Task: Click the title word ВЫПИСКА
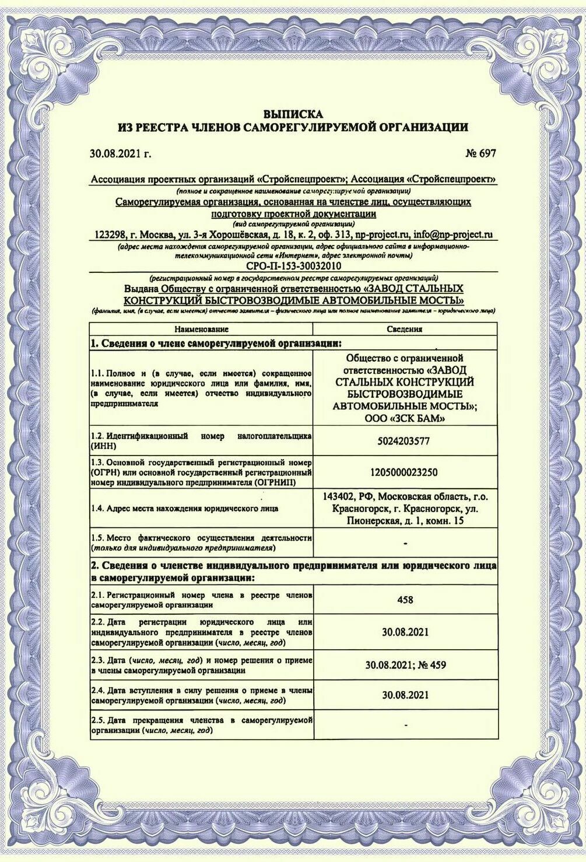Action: [293, 114]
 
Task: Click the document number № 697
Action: [480, 153]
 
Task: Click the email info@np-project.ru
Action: [454, 234]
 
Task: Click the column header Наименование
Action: [201, 329]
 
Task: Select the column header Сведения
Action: [404, 329]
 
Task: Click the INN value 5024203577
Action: [404, 441]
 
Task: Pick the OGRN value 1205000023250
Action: [404, 472]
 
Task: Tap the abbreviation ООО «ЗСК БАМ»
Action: [404, 418]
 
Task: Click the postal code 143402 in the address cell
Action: [340, 497]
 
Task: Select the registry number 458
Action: [404, 600]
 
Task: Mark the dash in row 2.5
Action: [405, 726]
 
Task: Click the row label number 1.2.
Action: [97, 436]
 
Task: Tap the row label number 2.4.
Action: [97, 691]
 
